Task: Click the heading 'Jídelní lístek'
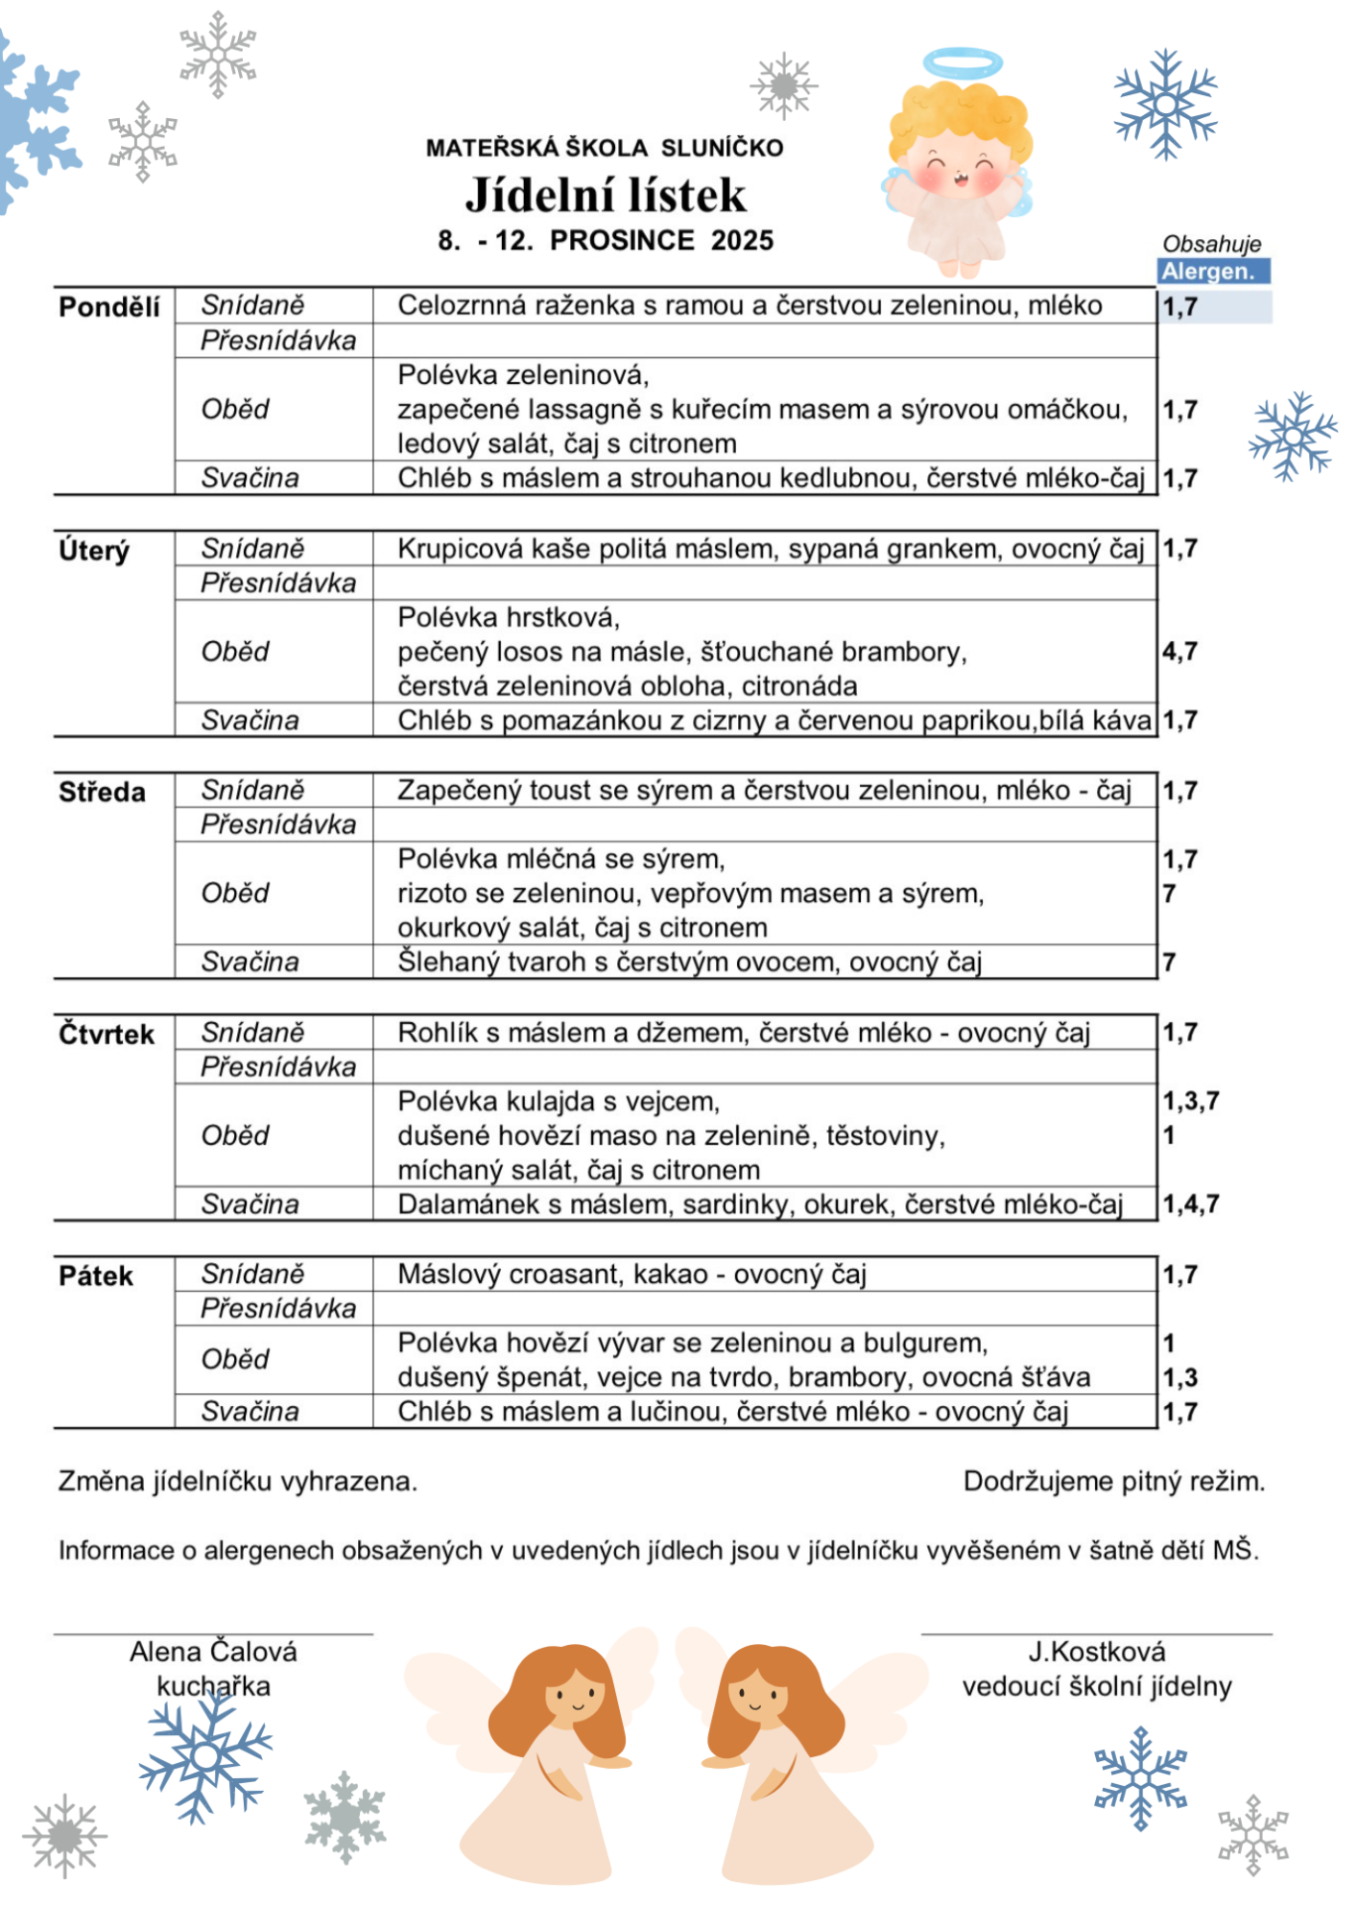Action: (x=605, y=195)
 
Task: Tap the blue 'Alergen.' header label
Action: (x=1213, y=271)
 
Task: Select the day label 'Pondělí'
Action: (x=109, y=307)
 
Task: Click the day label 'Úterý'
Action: (x=94, y=550)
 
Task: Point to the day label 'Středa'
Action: (x=102, y=792)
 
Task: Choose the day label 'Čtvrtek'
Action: (x=106, y=1034)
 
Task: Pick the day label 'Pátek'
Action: (x=95, y=1276)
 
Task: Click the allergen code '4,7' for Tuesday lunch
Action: (x=1180, y=652)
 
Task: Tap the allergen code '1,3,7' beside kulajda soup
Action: (x=1190, y=1100)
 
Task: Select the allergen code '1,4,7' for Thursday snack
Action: (x=1190, y=1204)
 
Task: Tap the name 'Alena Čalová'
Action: (x=213, y=1652)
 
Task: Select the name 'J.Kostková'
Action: (x=1096, y=1652)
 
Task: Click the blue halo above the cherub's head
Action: (x=962, y=63)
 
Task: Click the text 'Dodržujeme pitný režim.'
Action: (x=1114, y=1481)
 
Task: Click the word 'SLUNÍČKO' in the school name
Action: (x=722, y=148)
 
